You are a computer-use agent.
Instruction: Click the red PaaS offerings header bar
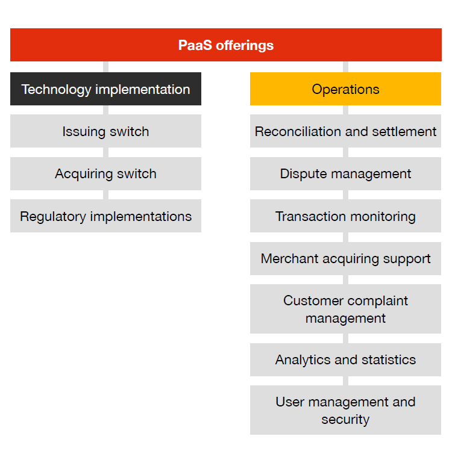pyautogui.click(x=226, y=45)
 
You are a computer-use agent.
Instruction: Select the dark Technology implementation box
pyautogui.click(x=105, y=89)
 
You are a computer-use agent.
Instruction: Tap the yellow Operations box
pyautogui.click(x=345, y=89)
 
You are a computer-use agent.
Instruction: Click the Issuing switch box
pyautogui.click(x=105, y=131)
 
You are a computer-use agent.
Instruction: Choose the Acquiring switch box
pyautogui.click(x=105, y=174)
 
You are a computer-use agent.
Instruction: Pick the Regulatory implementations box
pyautogui.click(x=105, y=216)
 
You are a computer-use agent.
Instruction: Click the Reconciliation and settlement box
pyautogui.click(x=345, y=131)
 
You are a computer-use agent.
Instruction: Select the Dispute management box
pyautogui.click(x=345, y=174)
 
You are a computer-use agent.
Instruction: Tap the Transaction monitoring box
pyautogui.click(x=345, y=216)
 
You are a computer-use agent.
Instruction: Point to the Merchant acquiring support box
pyautogui.click(x=345, y=259)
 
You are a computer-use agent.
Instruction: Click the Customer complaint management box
pyautogui.click(x=345, y=309)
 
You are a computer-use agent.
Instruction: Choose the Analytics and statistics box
pyautogui.click(x=345, y=359)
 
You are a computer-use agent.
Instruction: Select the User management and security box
pyautogui.click(x=345, y=410)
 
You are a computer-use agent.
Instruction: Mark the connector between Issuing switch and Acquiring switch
pyautogui.click(x=106, y=152)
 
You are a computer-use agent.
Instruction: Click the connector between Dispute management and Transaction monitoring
pyautogui.click(x=346, y=195)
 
